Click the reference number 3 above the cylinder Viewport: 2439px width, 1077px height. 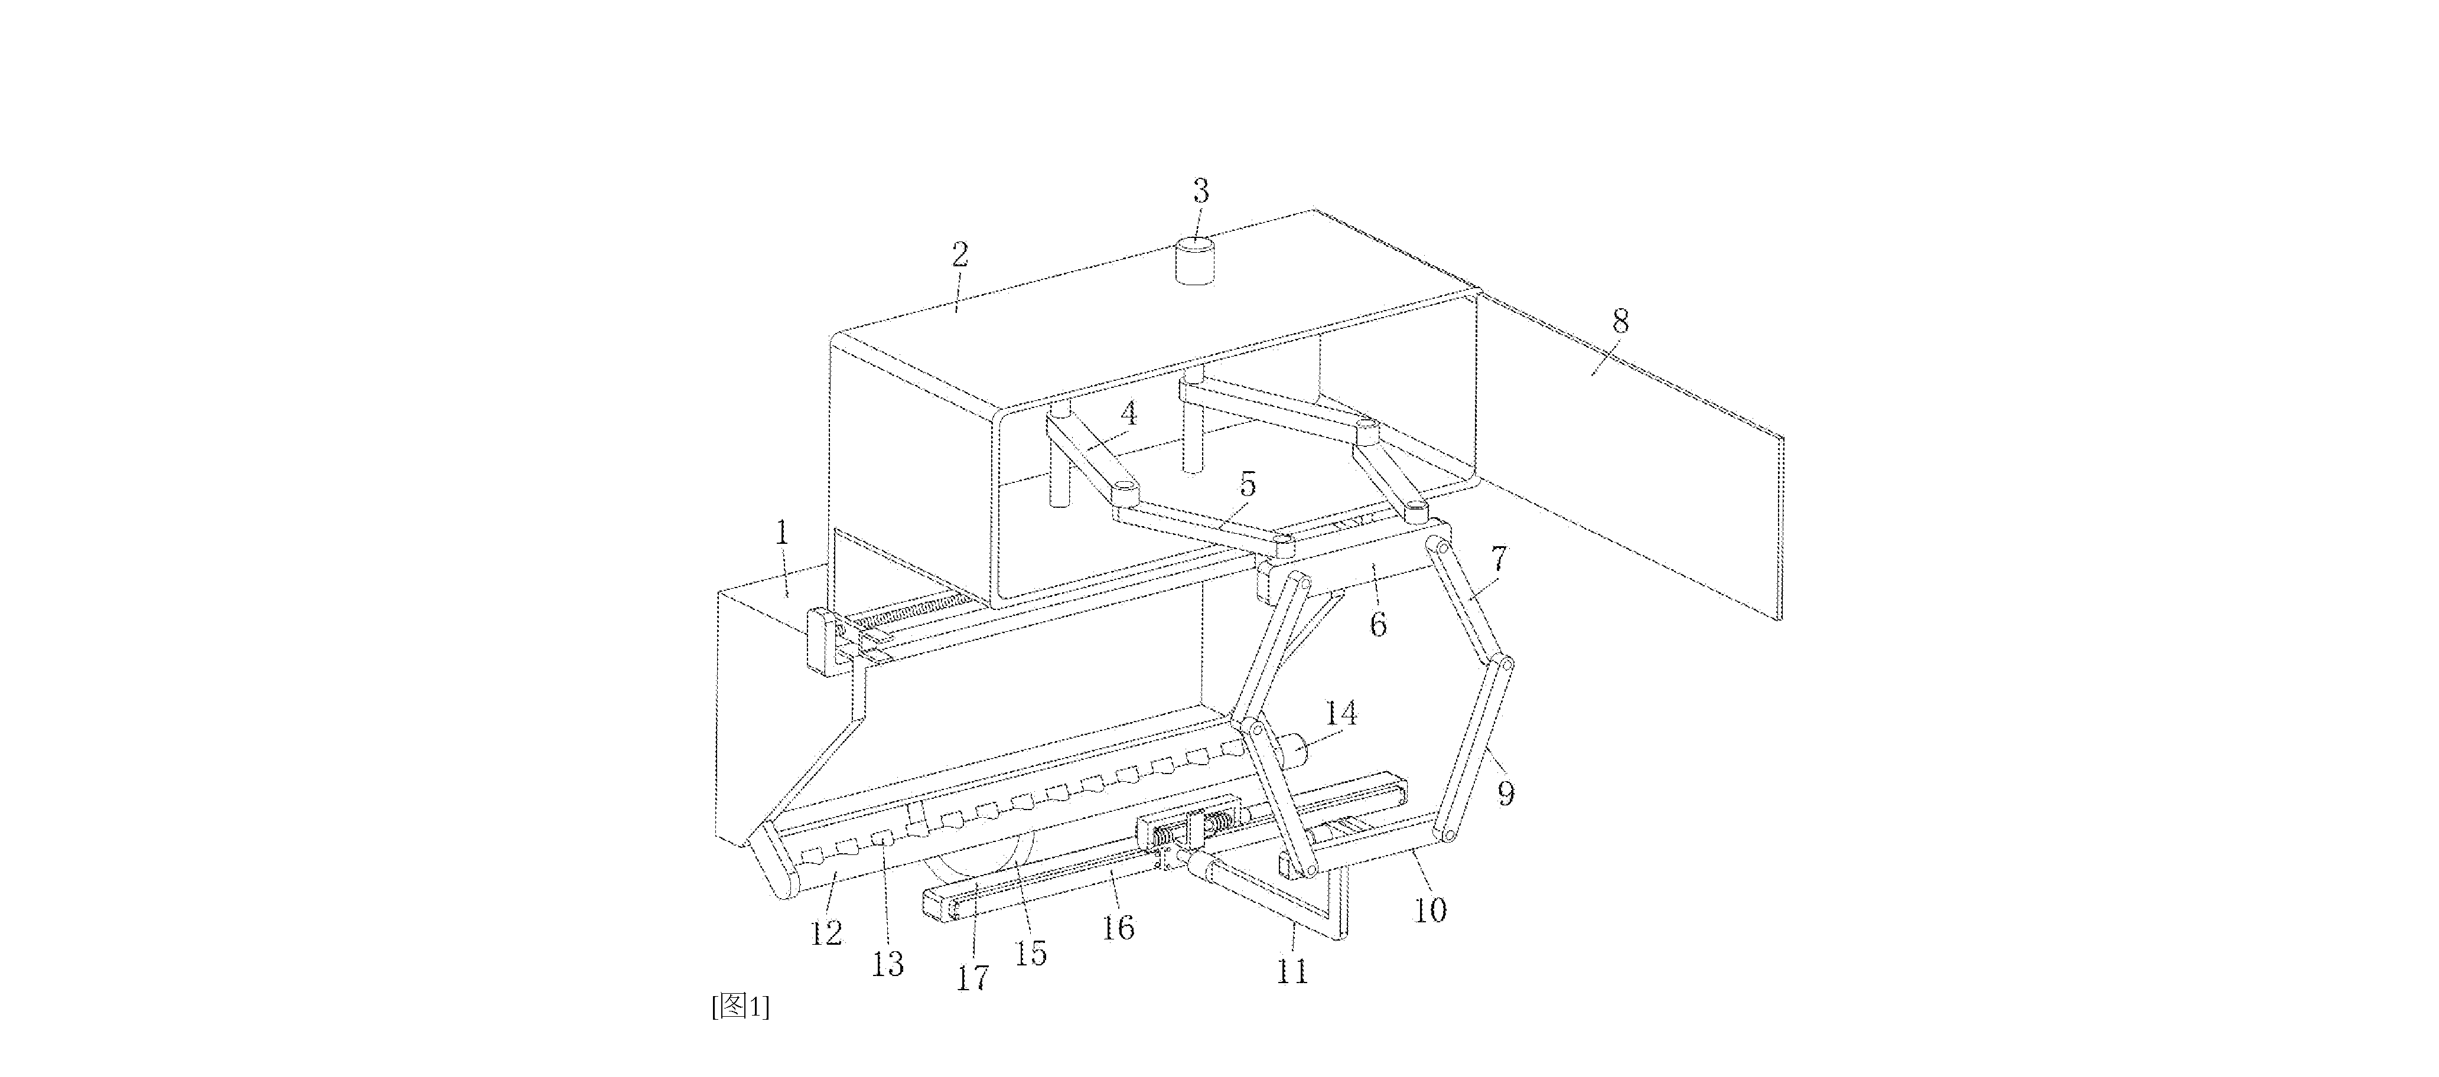1200,192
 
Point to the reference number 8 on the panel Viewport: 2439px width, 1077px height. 1621,322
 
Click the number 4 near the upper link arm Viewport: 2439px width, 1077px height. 1128,413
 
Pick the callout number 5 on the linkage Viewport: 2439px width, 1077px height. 1248,485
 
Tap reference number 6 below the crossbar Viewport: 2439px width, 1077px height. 1379,625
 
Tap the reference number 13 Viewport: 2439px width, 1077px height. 887,964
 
